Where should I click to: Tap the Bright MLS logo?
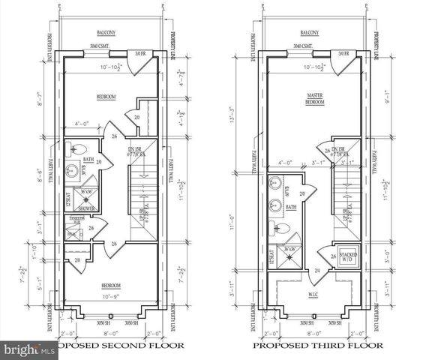pyautogui.click(x=28, y=349)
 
